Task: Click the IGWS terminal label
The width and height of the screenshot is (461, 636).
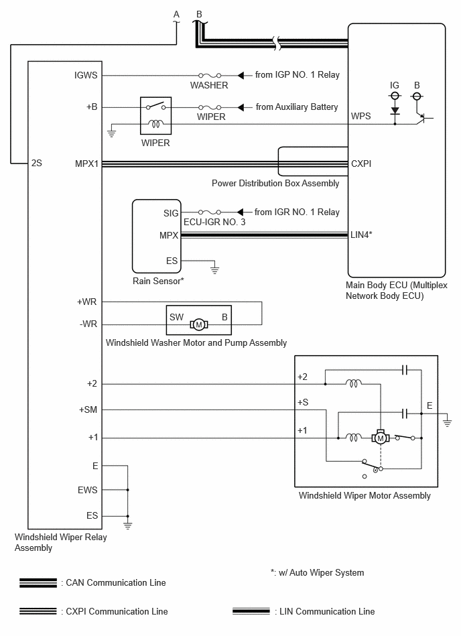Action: pos(86,75)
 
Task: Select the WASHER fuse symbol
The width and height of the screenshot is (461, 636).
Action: pos(210,76)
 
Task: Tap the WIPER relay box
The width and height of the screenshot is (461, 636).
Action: pos(155,115)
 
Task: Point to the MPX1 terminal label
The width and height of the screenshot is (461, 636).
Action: pos(86,164)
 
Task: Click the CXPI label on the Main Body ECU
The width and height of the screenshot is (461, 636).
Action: pos(361,164)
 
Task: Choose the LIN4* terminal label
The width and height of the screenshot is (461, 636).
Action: pos(361,235)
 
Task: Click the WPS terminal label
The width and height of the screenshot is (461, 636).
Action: pos(361,116)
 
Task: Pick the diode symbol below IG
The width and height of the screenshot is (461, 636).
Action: pos(395,111)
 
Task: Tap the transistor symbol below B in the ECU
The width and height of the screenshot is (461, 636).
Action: pos(423,118)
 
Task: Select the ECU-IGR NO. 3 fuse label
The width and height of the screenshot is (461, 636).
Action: pos(214,222)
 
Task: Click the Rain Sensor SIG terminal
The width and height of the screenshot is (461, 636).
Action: pos(171,213)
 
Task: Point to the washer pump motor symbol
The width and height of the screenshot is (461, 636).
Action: pos(199,324)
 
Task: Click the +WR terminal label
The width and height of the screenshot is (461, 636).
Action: pos(86,302)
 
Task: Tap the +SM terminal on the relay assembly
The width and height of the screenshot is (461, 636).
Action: pos(88,409)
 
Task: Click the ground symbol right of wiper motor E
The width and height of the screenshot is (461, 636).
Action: pos(447,421)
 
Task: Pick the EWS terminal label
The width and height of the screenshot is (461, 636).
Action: pos(88,490)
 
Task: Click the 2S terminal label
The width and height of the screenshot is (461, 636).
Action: pos(36,163)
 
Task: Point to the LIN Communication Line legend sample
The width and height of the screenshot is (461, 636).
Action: pos(251,611)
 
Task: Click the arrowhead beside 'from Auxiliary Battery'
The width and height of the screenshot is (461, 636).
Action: pos(241,107)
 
